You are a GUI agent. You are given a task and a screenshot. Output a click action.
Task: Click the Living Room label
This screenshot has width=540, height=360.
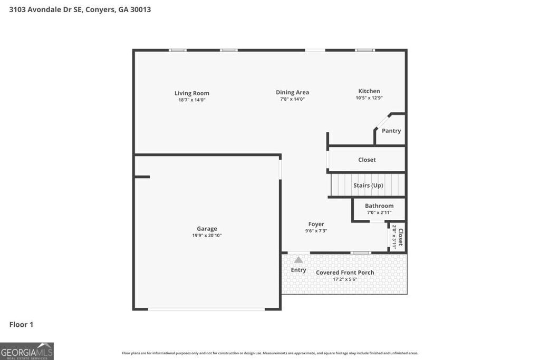(x=192, y=93)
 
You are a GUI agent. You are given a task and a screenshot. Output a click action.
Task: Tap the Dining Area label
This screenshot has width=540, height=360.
(x=292, y=92)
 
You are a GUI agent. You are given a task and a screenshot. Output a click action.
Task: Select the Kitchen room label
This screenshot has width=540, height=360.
(x=369, y=91)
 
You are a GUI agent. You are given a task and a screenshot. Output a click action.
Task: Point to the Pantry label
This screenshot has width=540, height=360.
(x=391, y=131)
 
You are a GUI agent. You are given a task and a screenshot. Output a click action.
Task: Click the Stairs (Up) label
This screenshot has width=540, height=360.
(x=368, y=186)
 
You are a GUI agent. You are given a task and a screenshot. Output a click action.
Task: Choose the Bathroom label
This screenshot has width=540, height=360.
(x=379, y=206)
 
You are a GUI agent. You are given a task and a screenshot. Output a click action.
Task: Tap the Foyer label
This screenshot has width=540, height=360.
(x=316, y=224)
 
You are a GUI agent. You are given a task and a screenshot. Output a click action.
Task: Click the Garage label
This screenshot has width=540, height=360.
(x=207, y=229)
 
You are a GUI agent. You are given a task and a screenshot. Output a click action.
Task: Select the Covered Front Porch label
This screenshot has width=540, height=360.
(x=345, y=273)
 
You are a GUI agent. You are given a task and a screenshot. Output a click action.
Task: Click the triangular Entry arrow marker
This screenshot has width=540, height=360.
(x=298, y=259)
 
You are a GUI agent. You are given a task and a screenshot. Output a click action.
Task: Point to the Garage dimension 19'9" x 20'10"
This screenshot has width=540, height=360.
(x=207, y=236)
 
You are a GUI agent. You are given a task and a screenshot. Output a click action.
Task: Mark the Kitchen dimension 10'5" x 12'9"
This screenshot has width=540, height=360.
(x=369, y=98)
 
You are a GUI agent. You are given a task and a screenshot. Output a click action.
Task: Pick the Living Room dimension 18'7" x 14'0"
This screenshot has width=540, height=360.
(x=192, y=100)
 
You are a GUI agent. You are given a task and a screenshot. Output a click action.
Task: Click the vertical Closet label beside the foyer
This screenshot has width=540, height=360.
(x=400, y=237)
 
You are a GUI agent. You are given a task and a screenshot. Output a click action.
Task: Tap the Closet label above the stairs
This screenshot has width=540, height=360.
(x=367, y=160)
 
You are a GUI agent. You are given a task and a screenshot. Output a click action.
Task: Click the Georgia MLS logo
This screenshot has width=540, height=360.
(x=27, y=351)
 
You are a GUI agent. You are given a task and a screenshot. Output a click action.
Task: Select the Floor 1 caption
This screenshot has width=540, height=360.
(x=21, y=325)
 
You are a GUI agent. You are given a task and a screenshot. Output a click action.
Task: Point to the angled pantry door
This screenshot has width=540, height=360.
(x=382, y=121)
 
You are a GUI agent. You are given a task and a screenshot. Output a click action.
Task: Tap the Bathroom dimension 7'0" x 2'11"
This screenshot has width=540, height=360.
(x=379, y=212)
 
